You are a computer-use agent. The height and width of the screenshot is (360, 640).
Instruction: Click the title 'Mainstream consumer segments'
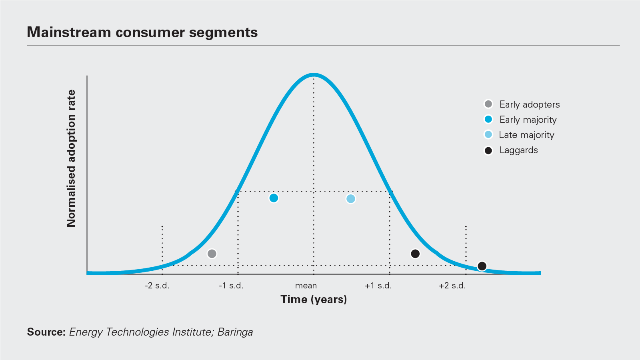click(x=142, y=32)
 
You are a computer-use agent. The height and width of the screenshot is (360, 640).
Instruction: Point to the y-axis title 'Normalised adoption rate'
click(x=71, y=158)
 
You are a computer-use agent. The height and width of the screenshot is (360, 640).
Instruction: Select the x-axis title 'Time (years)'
click(x=314, y=299)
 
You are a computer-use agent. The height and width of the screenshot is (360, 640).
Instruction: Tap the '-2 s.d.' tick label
click(x=157, y=286)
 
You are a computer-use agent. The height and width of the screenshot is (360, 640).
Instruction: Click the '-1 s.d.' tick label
click(x=231, y=286)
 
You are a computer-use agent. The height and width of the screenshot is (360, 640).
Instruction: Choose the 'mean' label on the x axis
click(x=306, y=286)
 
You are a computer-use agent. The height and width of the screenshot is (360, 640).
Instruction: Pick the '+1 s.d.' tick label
click(x=378, y=286)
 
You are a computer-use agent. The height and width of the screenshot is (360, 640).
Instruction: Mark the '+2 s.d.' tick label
click(x=452, y=286)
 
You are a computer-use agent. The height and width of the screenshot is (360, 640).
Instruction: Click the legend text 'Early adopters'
click(x=529, y=104)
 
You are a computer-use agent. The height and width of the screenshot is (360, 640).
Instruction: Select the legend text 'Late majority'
click(x=526, y=135)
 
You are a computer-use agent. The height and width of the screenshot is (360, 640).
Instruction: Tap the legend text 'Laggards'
click(x=518, y=150)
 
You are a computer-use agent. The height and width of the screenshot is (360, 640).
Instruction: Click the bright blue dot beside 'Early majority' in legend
click(x=488, y=119)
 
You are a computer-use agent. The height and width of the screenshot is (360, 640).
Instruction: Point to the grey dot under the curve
click(x=212, y=254)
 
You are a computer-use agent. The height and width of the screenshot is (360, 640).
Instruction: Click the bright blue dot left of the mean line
click(x=274, y=198)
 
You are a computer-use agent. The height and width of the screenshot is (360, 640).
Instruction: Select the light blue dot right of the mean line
click(x=350, y=199)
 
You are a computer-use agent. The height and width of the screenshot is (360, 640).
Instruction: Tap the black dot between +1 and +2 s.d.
click(x=415, y=254)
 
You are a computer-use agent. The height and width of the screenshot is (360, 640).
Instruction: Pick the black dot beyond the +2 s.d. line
click(x=482, y=266)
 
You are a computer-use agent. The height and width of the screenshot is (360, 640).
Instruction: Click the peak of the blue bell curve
click(x=314, y=75)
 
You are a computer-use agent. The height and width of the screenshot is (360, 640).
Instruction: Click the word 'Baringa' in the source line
click(x=235, y=332)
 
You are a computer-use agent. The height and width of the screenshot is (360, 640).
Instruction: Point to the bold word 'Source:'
click(x=46, y=332)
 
